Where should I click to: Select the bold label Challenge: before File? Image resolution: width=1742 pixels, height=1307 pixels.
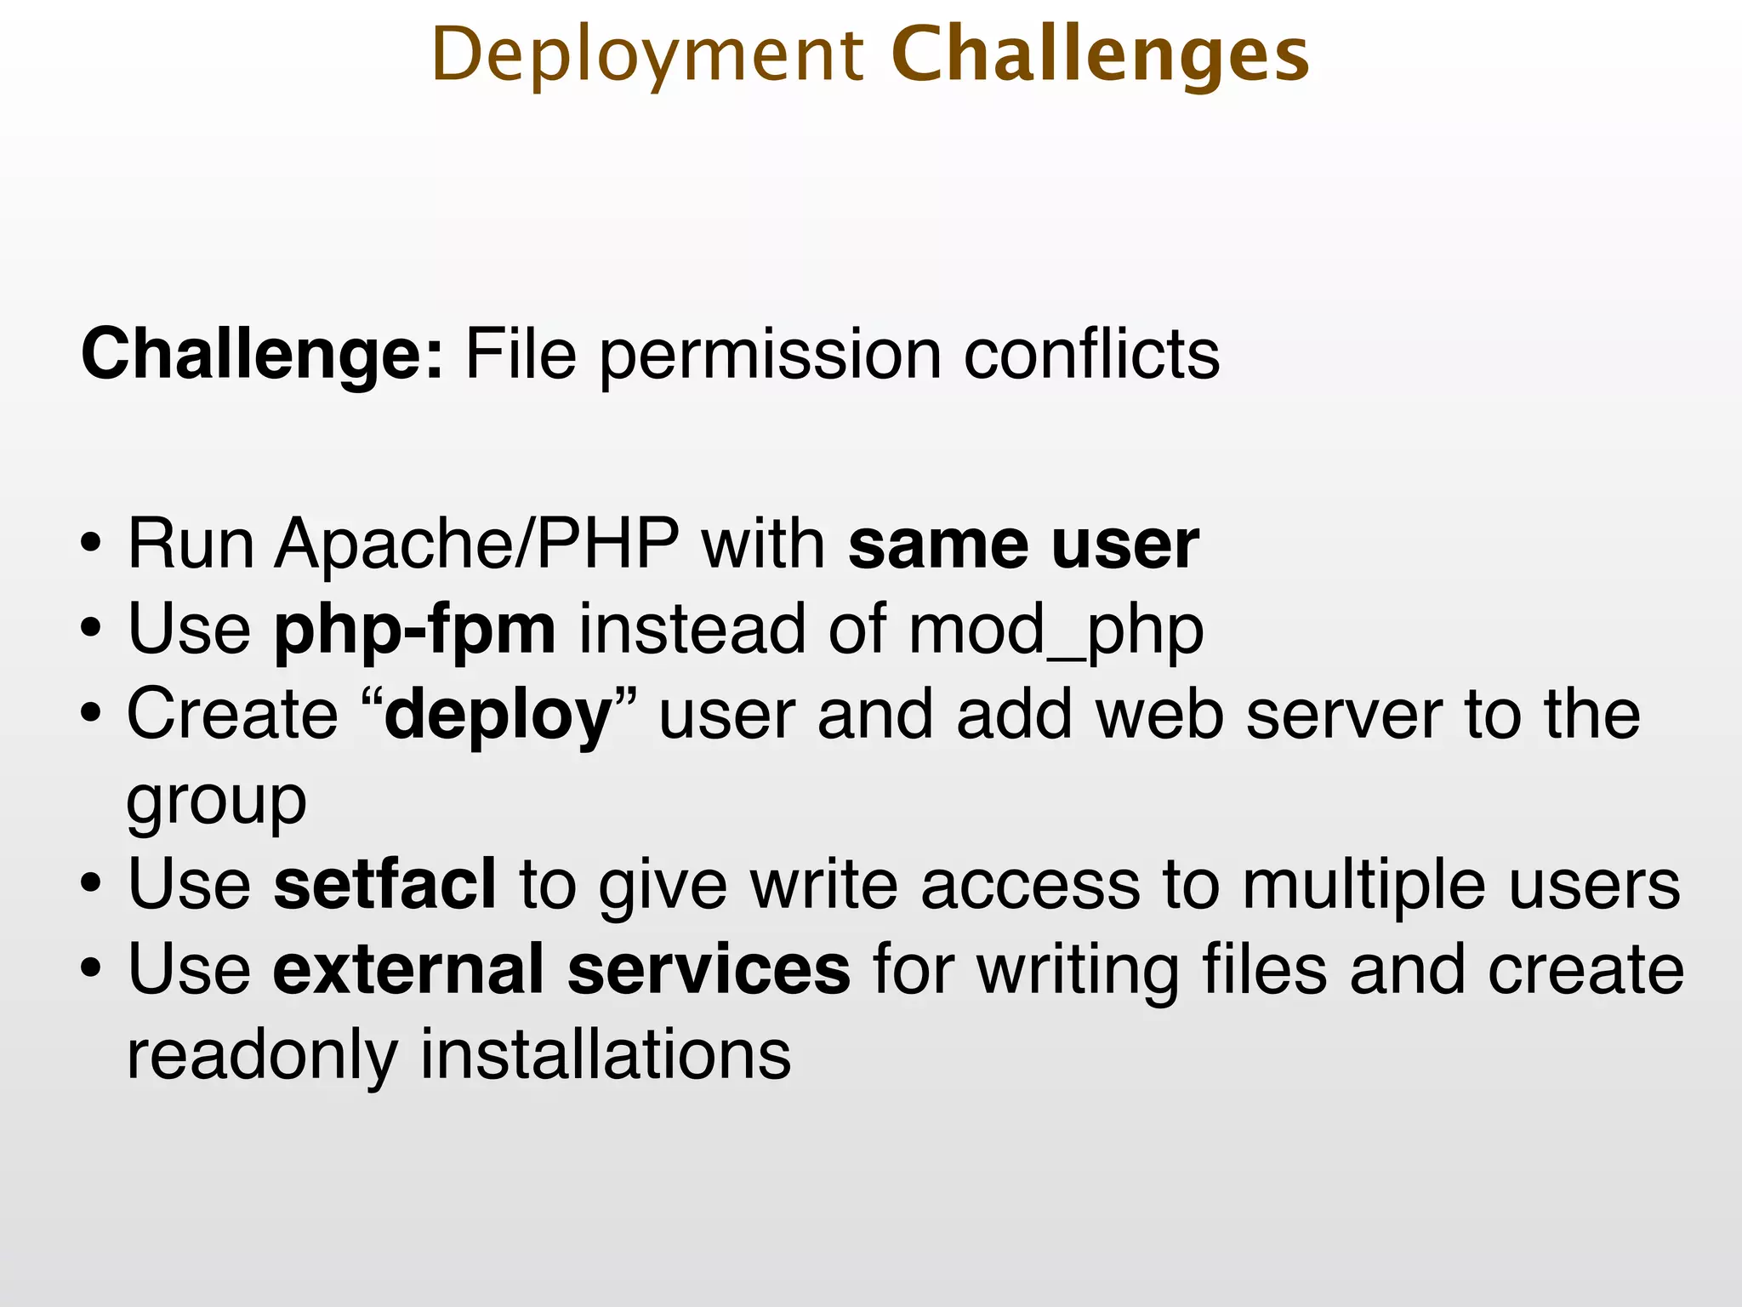(x=262, y=354)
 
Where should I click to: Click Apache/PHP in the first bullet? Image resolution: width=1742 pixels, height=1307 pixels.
(x=476, y=544)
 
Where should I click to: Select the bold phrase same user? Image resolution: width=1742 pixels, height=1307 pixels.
(x=1023, y=544)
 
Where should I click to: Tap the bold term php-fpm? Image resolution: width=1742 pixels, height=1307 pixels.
(x=414, y=631)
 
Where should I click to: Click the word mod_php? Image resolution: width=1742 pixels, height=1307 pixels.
(x=1056, y=631)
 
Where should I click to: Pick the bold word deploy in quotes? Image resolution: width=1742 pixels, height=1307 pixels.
(x=498, y=715)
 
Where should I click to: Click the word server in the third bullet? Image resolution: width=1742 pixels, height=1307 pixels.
(x=1344, y=715)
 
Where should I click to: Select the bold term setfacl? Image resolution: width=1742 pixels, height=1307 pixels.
(x=384, y=885)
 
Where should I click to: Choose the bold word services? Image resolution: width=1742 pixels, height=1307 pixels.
(x=709, y=970)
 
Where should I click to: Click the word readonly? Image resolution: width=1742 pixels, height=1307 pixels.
(x=262, y=1055)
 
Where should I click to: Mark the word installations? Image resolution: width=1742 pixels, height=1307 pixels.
(x=606, y=1055)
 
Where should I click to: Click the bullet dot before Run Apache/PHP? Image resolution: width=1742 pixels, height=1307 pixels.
(x=91, y=545)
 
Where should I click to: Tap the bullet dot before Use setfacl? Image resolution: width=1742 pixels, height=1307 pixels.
(x=91, y=886)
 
